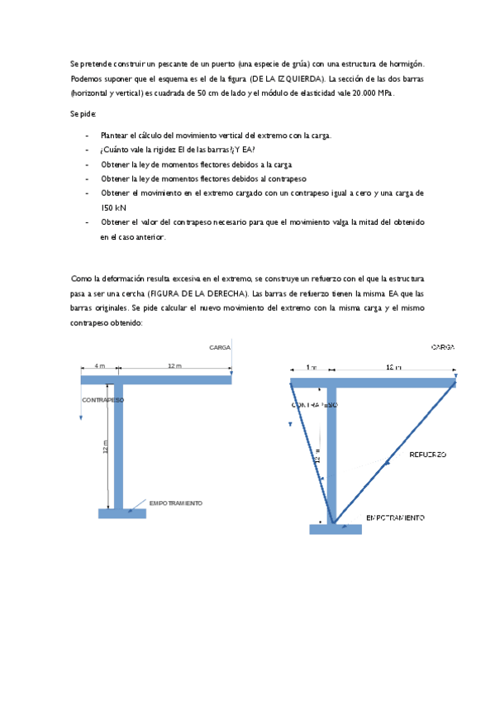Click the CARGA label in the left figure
219,348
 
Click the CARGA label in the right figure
442,348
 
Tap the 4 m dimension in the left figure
99,365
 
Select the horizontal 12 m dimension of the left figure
174,365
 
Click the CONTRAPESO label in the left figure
102,400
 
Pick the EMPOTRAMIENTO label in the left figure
175,503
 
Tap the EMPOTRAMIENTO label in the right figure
395,517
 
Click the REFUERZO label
428,455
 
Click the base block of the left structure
121,513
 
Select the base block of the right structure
335,529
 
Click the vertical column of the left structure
120,446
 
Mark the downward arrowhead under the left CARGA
231,374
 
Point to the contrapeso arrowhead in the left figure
81,417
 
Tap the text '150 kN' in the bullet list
114,207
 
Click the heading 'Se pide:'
83,115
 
